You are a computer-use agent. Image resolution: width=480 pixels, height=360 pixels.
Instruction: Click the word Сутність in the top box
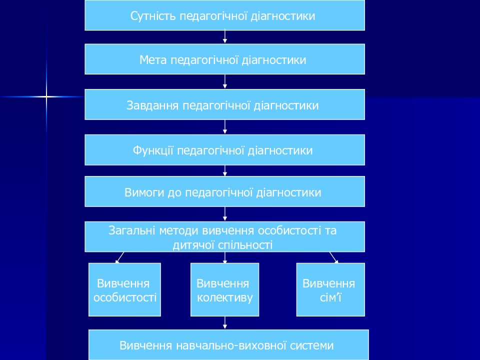[153, 16]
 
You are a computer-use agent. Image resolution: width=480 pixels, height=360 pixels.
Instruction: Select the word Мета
[153, 59]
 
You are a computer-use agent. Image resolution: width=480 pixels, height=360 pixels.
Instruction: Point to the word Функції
[153, 150]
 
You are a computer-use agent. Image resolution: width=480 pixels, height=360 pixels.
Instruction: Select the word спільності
[245, 245]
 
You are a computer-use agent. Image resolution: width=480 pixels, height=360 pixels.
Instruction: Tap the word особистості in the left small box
[125, 297]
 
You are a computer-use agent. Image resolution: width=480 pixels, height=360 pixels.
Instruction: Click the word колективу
[224, 297]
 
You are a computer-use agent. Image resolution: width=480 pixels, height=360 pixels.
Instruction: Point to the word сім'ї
[330, 297]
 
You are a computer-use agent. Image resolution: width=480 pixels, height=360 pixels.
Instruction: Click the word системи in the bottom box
[311, 345]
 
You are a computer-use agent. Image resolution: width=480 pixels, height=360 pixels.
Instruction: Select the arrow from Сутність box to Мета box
[225, 36]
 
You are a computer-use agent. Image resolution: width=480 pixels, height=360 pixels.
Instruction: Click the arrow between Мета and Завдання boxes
[225, 81]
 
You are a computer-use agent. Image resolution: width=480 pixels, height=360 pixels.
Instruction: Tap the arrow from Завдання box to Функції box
[225, 126]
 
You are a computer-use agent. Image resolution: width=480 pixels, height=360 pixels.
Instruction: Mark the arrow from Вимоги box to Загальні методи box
[225, 213]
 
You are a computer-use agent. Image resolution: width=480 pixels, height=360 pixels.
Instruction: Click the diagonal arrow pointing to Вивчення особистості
[119, 257]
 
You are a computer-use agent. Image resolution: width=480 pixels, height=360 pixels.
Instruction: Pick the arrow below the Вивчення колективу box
[225, 322]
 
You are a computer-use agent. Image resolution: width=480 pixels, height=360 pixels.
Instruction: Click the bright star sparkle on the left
[46, 96]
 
